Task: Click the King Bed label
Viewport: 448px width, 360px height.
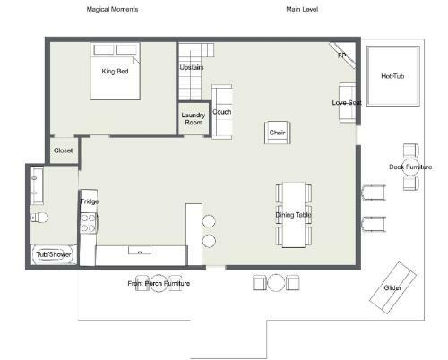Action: point(115,72)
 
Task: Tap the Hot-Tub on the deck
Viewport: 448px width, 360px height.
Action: point(393,76)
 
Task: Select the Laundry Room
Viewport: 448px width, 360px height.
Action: point(194,119)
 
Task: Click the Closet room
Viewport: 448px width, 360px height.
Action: point(64,150)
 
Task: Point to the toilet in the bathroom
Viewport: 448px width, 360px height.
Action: point(39,218)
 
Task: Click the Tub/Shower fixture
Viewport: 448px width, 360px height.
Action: point(54,254)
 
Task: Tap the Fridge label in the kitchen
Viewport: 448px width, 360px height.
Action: point(89,201)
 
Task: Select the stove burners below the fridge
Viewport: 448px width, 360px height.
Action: point(89,223)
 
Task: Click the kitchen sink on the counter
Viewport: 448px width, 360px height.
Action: point(140,250)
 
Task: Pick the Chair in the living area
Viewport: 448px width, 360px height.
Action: point(277,133)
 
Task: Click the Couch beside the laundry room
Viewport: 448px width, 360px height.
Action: point(222,112)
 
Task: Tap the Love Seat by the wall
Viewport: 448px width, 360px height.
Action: point(348,103)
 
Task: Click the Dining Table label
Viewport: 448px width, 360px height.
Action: point(293,215)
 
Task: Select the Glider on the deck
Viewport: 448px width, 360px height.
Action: point(392,287)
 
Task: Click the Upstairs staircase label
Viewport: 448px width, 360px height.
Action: point(192,67)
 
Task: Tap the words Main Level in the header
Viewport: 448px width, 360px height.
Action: point(302,9)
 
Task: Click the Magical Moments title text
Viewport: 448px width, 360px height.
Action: point(112,9)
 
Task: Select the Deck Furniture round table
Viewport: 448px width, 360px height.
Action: point(411,167)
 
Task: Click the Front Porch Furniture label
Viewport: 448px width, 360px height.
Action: point(159,283)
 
